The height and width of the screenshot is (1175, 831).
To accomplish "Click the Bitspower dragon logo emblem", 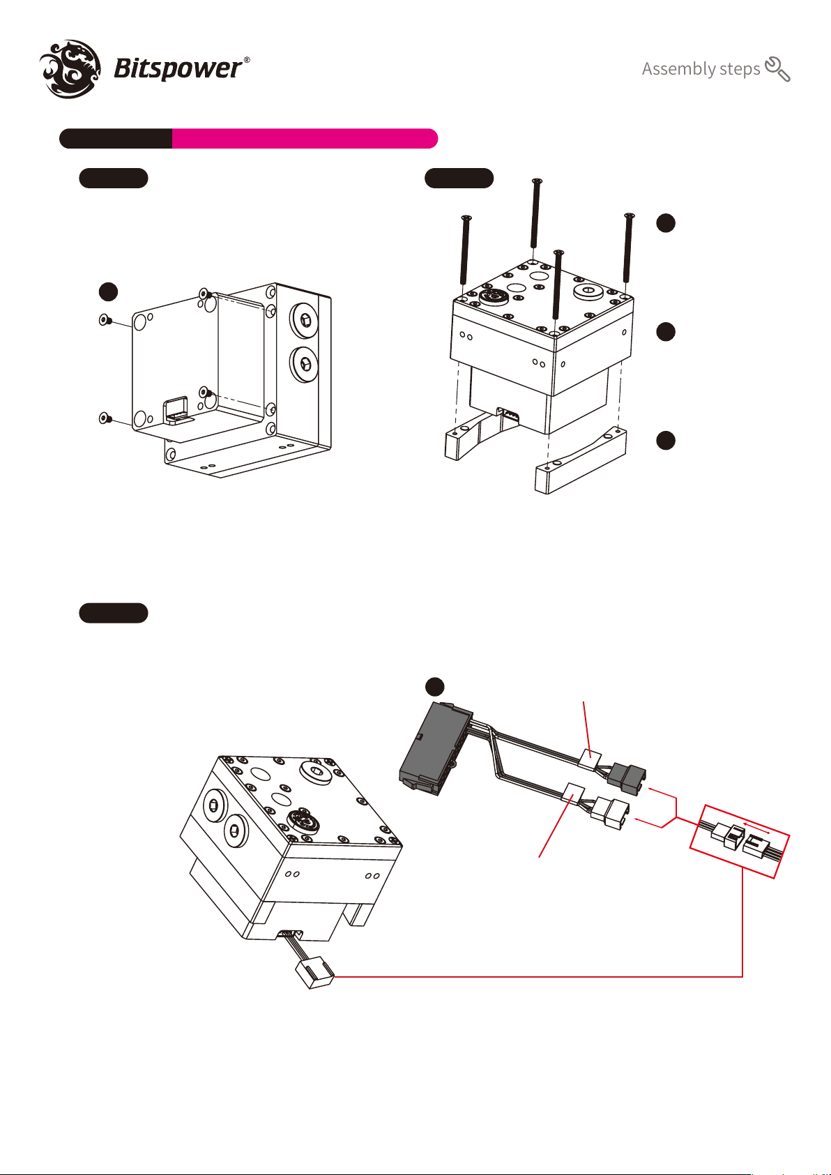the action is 70,68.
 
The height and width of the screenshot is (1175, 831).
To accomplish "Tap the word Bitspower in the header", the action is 178,69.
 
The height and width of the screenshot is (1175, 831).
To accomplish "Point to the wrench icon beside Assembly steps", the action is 777,69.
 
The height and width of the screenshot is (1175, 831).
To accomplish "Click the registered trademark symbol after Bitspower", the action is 247,60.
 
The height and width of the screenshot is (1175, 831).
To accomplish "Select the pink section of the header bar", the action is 305,139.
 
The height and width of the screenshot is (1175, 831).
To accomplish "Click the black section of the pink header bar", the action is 116,139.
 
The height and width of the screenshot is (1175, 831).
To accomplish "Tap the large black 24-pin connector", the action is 434,748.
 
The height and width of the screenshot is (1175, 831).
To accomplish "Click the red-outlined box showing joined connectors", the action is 739,841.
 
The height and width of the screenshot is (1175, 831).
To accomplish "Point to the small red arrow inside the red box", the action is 756,827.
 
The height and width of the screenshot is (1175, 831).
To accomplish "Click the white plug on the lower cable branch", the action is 610,814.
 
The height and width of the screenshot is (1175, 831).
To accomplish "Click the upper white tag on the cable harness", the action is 589,758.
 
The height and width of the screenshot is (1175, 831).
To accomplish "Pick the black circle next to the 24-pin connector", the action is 434,686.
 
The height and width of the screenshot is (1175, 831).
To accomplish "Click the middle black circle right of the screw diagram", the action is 666,331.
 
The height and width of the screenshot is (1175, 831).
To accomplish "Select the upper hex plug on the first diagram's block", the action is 303,320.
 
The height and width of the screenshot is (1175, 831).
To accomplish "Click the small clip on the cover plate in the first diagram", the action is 177,410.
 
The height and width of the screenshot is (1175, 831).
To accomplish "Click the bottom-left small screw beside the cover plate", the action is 105,418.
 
